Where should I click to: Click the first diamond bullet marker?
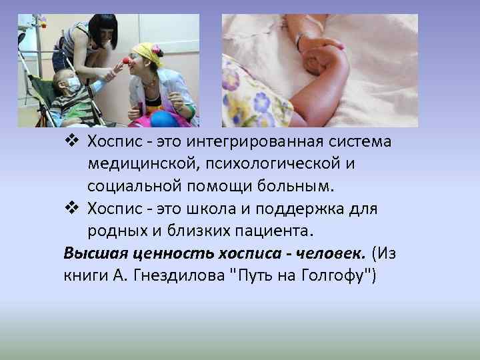pos(73,143)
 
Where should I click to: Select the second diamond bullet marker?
pos(73,209)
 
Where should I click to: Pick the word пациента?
pos(273,231)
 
